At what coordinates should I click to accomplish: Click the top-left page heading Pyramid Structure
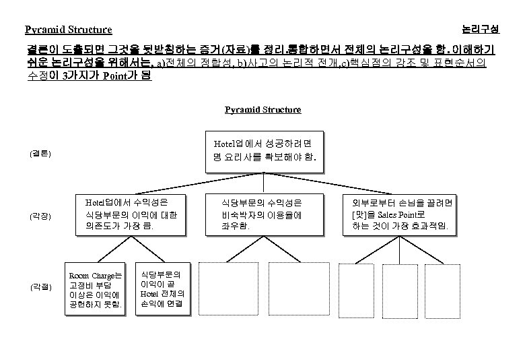(69, 30)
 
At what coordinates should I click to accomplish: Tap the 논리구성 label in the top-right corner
(481, 29)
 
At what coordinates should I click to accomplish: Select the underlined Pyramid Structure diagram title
(262, 109)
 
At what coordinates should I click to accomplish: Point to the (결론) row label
(40, 154)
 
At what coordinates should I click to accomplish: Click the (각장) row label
(40, 216)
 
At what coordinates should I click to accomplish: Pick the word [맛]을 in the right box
(365, 214)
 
